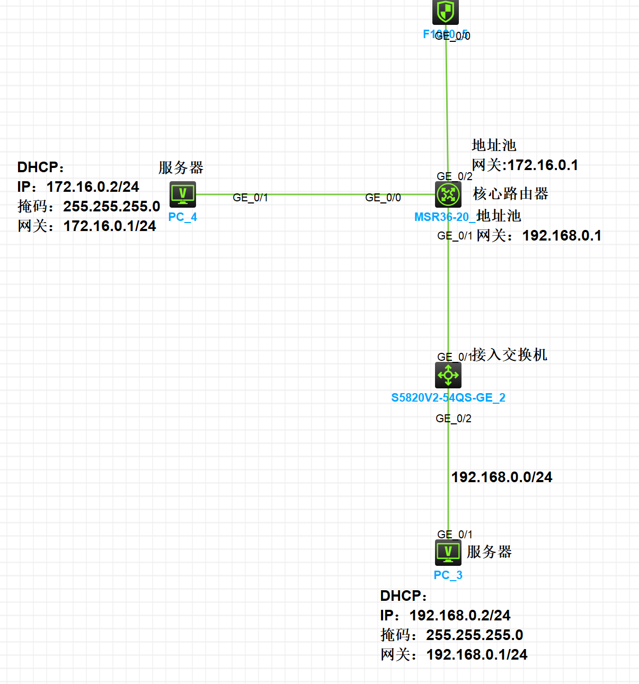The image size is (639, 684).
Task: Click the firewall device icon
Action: [446, 12]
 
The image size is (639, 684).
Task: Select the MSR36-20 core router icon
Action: [448, 194]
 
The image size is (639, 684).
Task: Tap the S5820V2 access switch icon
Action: [448, 375]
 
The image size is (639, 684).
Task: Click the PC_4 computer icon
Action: [183, 194]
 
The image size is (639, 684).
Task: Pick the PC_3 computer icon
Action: [448, 553]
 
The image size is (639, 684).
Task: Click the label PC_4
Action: [183, 217]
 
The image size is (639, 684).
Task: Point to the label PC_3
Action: [448, 575]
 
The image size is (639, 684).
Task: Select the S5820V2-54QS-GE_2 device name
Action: [448, 398]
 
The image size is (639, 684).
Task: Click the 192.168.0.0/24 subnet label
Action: [502, 477]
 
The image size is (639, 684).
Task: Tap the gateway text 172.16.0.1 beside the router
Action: [543, 165]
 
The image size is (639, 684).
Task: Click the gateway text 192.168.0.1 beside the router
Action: [562, 236]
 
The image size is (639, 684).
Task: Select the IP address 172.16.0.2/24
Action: [93, 187]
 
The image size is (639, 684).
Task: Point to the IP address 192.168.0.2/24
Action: [460, 616]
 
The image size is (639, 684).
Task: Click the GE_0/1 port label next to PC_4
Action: [251, 198]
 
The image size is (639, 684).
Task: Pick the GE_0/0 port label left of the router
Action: [383, 198]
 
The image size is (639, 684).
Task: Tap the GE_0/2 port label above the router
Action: [455, 176]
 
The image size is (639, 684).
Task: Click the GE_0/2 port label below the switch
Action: [454, 419]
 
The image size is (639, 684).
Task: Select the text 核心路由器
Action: [511, 194]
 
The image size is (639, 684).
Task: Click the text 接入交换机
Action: [509, 355]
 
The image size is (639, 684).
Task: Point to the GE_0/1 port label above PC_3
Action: [455, 535]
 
